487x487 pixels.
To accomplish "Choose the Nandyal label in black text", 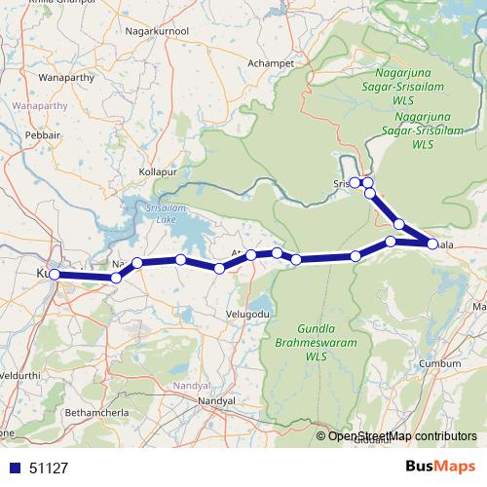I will (216, 401).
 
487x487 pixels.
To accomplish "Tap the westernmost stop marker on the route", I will (55, 275).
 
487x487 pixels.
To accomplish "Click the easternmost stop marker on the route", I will (431, 243).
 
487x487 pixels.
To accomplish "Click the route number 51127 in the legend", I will (49, 468).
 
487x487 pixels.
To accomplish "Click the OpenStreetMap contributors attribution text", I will (401, 436).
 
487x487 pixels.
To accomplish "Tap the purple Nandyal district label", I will (190, 387).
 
